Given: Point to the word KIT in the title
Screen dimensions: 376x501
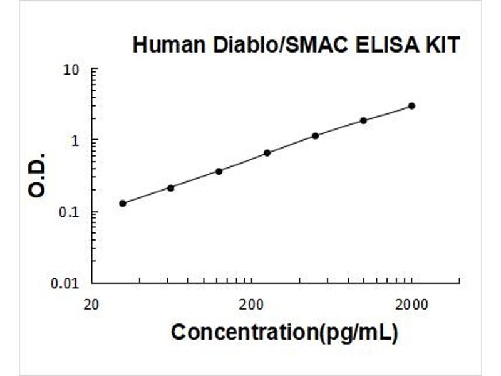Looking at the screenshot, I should coord(442,45).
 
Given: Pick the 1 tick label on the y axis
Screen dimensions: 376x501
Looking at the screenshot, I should coord(78,140).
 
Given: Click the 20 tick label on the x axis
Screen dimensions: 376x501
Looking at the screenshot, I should coord(91,305).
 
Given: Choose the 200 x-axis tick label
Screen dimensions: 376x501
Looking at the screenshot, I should coord(251,305).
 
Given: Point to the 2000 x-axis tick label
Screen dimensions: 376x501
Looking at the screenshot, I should coord(411,305).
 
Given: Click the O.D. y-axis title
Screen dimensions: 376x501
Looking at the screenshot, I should coord(38,174).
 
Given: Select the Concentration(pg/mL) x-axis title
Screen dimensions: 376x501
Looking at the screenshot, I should coord(284,333).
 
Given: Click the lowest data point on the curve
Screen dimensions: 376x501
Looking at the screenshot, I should coord(123,203).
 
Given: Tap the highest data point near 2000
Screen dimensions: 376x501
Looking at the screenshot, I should coord(411,106).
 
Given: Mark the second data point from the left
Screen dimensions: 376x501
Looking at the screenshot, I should coord(170,188).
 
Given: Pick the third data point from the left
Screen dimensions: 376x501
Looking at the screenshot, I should coord(219,171).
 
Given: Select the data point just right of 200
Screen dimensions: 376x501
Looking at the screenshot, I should coord(267,152).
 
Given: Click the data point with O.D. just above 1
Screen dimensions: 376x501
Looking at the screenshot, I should coord(316,135).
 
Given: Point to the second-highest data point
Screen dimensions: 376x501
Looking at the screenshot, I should coord(363,120).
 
